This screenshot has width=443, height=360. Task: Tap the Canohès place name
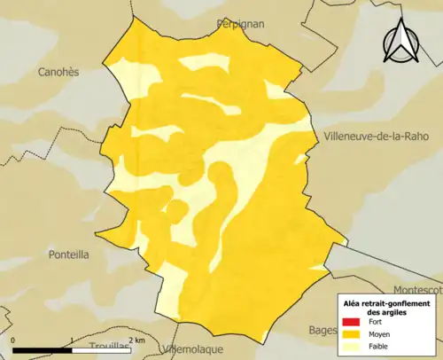[x=59, y=72]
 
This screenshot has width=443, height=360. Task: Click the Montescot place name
[x=417, y=289]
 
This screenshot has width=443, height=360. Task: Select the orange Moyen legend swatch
[x=351, y=334]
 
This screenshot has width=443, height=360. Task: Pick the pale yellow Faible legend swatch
[x=351, y=346]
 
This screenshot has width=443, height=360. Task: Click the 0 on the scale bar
[x=13, y=340]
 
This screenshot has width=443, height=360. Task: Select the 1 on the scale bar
[x=71, y=340]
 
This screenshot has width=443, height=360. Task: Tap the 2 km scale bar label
[x=136, y=340]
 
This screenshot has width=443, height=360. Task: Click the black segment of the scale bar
[x=42, y=349]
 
